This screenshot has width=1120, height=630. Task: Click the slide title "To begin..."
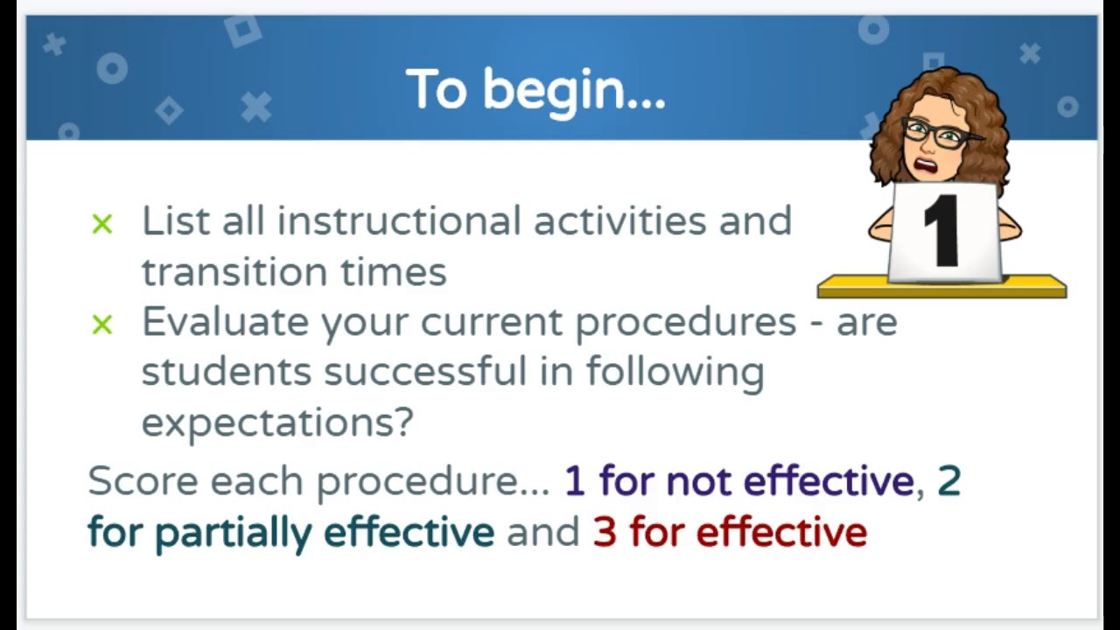click(535, 90)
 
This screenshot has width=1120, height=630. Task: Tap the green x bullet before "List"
click(102, 225)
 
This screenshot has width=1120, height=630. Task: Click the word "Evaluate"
click(225, 322)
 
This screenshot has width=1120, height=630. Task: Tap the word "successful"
click(425, 372)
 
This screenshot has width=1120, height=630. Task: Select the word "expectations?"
click(276, 423)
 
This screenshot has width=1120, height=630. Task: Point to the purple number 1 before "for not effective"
click(574, 481)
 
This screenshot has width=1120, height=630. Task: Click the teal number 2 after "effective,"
click(948, 481)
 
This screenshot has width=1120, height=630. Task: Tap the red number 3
click(604, 532)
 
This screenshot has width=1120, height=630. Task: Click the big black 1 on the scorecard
click(943, 231)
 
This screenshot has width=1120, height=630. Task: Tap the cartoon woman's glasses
click(934, 134)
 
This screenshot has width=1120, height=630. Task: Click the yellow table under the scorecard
click(941, 287)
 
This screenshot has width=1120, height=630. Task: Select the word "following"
click(674, 372)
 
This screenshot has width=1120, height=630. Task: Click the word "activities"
click(619, 220)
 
